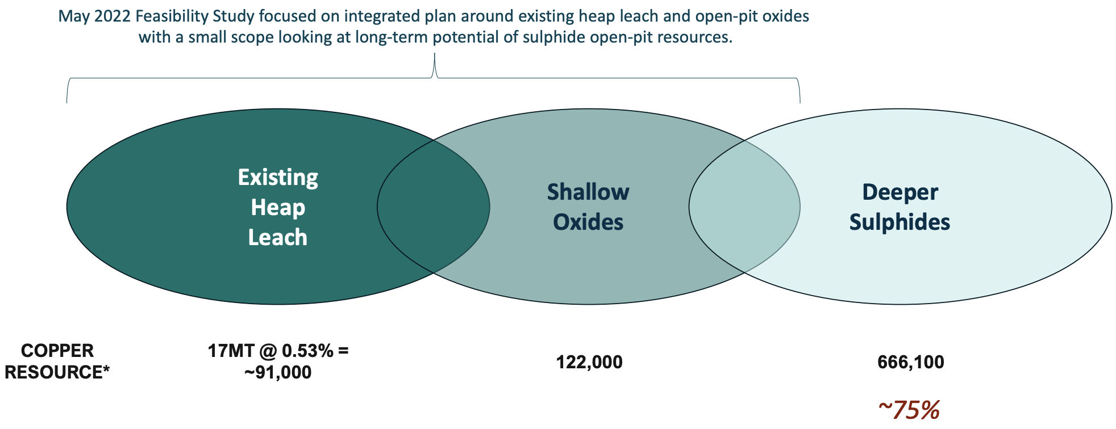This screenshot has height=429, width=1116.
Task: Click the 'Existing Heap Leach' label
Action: click(278, 207)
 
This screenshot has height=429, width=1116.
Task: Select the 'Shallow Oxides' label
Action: click(588, 207)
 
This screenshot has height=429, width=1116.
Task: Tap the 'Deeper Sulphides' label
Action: click(900, 207)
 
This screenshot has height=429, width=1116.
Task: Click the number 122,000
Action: click(589, 362)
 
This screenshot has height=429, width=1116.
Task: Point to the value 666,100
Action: click(911, 362)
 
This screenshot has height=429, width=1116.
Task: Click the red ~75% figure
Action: click(909, 410)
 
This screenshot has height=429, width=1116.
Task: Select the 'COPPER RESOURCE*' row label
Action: click(57, 361)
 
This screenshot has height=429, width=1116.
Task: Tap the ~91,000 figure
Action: click(278, 372)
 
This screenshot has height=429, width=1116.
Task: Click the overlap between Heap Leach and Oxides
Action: click(433, 207)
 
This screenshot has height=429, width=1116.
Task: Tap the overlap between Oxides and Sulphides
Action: click(744, 207)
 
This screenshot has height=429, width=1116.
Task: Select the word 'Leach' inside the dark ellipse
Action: click(278, 237)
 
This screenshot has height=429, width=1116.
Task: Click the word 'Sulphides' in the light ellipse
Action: click(900, 222)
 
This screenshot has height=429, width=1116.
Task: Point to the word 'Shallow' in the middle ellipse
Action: click(588, 192)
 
